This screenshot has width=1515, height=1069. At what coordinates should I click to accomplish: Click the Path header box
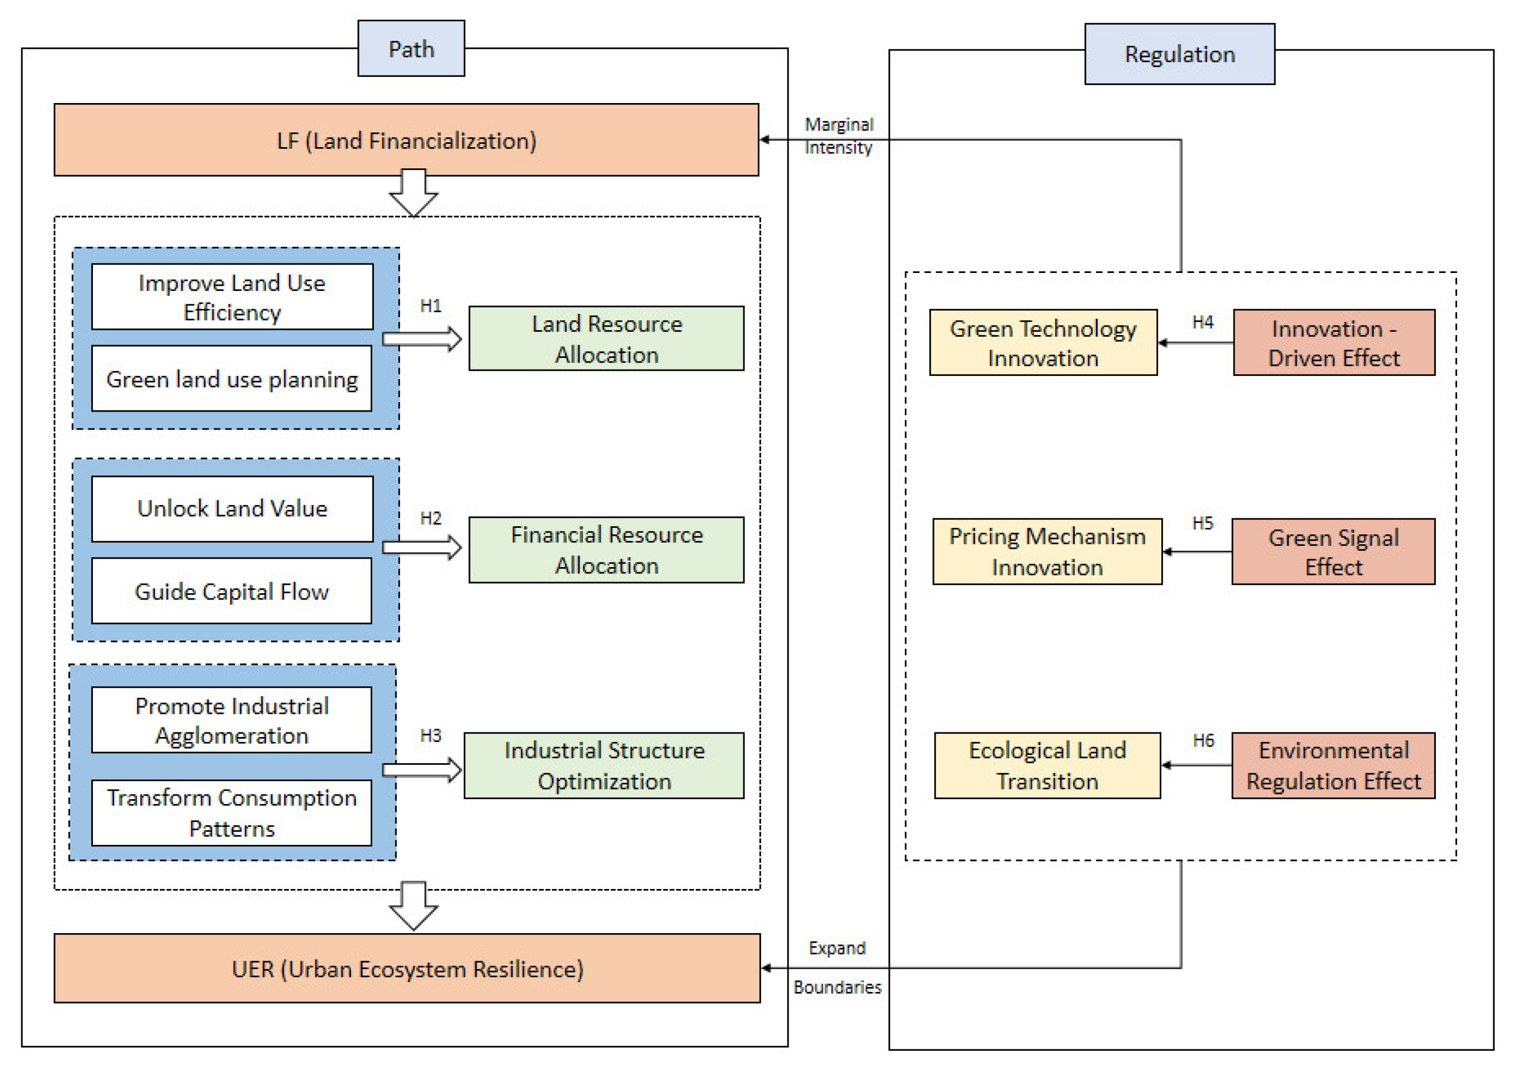point(411,48)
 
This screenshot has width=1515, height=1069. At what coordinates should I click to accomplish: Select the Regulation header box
point(1180,54)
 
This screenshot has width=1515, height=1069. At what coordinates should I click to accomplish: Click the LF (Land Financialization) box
point(406,140)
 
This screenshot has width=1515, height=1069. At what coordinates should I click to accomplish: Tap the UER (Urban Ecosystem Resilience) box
point(407,969)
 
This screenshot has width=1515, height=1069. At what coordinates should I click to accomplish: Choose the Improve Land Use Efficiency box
point(232,297)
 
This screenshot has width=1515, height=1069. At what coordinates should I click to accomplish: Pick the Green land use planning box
point(232,379)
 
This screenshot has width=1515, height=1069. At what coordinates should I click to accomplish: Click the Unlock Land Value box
point(232,509)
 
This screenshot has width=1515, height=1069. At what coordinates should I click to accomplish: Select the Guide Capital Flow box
point(232,591)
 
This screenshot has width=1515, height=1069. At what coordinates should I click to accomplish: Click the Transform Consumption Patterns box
point(232,813)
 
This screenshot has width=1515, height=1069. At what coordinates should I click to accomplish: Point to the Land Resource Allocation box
point(606,338)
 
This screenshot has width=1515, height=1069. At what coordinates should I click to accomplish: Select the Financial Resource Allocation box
point(606,550)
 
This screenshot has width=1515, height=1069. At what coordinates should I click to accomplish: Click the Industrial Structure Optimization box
point(604,765)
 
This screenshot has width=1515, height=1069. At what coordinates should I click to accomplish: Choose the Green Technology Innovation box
point(1043,343)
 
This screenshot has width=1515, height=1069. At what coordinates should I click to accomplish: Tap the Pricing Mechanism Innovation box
point(1047,552)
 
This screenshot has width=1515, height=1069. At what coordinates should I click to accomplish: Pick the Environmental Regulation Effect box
point(1333,765)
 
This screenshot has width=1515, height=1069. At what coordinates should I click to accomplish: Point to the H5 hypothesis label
point(1203,523)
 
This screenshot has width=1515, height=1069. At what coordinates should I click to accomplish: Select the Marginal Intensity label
point(838,136)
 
